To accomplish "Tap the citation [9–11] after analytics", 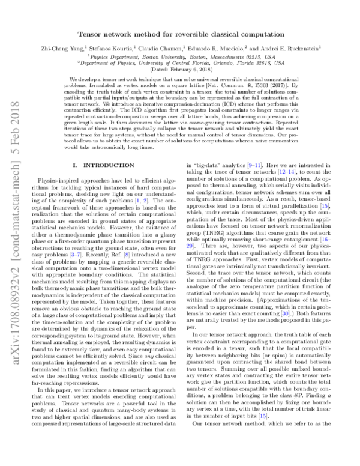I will [242, 164].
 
